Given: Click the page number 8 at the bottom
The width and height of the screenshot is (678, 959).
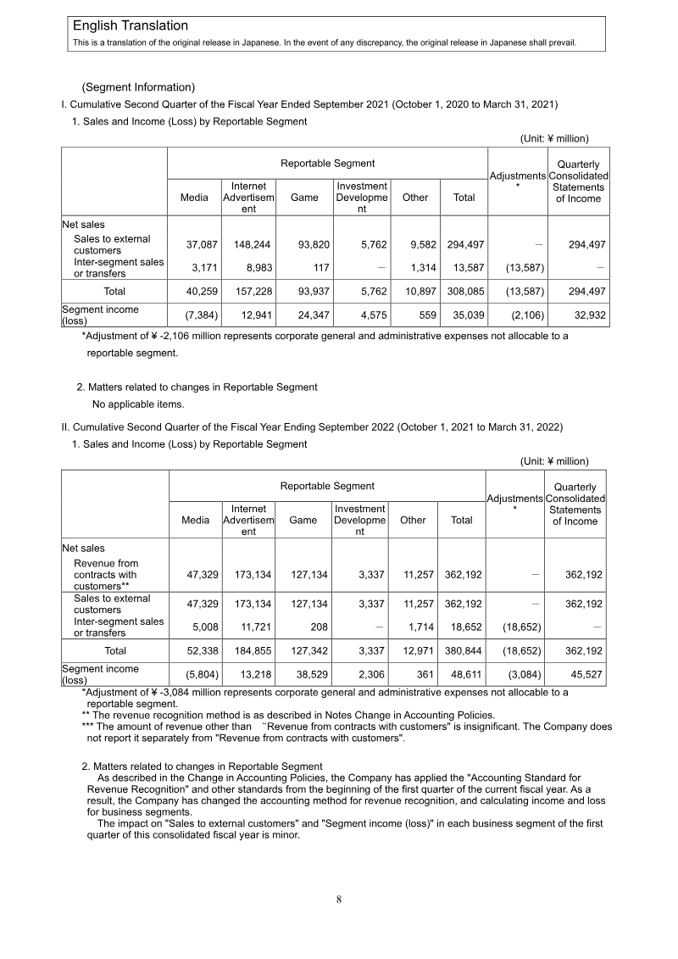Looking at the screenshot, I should pos(339,900).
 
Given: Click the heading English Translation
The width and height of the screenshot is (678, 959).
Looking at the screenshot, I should pos(131,26).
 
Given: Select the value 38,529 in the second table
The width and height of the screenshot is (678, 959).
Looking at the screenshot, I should pos(309,675).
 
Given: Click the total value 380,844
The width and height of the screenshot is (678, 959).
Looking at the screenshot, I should pos(462,651).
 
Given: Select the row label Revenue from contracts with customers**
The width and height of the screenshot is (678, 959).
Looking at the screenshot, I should pos(106,575).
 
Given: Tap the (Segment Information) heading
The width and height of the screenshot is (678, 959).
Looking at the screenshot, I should pos(138,87).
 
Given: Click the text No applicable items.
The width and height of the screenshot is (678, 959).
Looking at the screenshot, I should pos(137,404).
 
